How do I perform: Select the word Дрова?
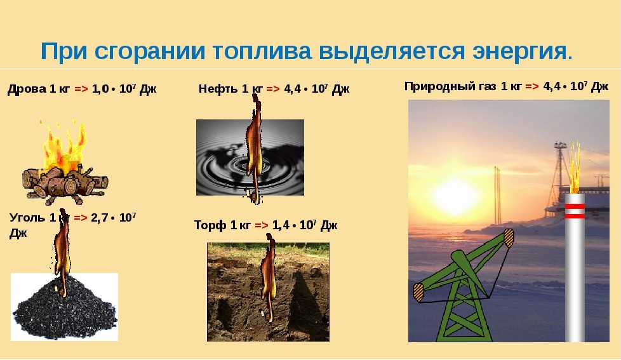(27, 89)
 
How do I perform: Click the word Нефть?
(218, 89)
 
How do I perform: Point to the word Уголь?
(27, 218)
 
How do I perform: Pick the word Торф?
(210, 225)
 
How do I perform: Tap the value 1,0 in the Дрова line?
(100, 89)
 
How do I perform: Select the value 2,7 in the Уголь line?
(100, 218)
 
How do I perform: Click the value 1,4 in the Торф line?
(281, 225)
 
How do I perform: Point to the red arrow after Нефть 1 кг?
(273, 89)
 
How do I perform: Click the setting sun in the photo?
(454, 196)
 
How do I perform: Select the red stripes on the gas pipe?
(575, 211)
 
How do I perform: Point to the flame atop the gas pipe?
(575, 167)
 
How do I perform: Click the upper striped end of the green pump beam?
(508, 237)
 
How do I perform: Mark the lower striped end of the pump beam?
(418, 292)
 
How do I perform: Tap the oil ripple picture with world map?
(250, 157)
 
